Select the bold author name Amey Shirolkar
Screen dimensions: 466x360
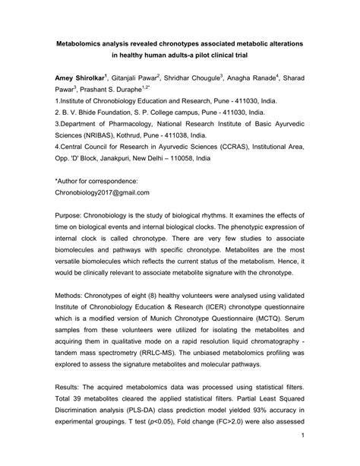point(80,78)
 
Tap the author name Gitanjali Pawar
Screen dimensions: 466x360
point(133,78)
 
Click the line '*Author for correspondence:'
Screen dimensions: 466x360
point(96,182)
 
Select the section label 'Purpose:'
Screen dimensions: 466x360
point(71,216)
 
